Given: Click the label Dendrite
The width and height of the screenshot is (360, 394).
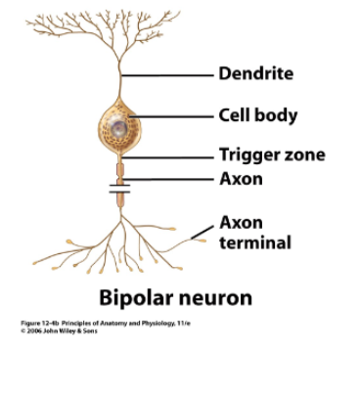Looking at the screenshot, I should [x=255, y=73].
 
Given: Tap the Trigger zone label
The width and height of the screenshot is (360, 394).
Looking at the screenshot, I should [x=271, y=154].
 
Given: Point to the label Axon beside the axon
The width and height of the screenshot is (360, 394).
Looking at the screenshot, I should [x=241, y=179].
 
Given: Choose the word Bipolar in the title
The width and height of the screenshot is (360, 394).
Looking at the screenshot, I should [x=138, y=296].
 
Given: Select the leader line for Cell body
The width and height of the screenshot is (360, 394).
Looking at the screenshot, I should [x=181, y=115].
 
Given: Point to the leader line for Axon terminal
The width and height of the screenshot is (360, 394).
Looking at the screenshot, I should [x=206, y=231].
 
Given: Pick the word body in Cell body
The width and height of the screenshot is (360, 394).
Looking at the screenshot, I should [x=279, y=115].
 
